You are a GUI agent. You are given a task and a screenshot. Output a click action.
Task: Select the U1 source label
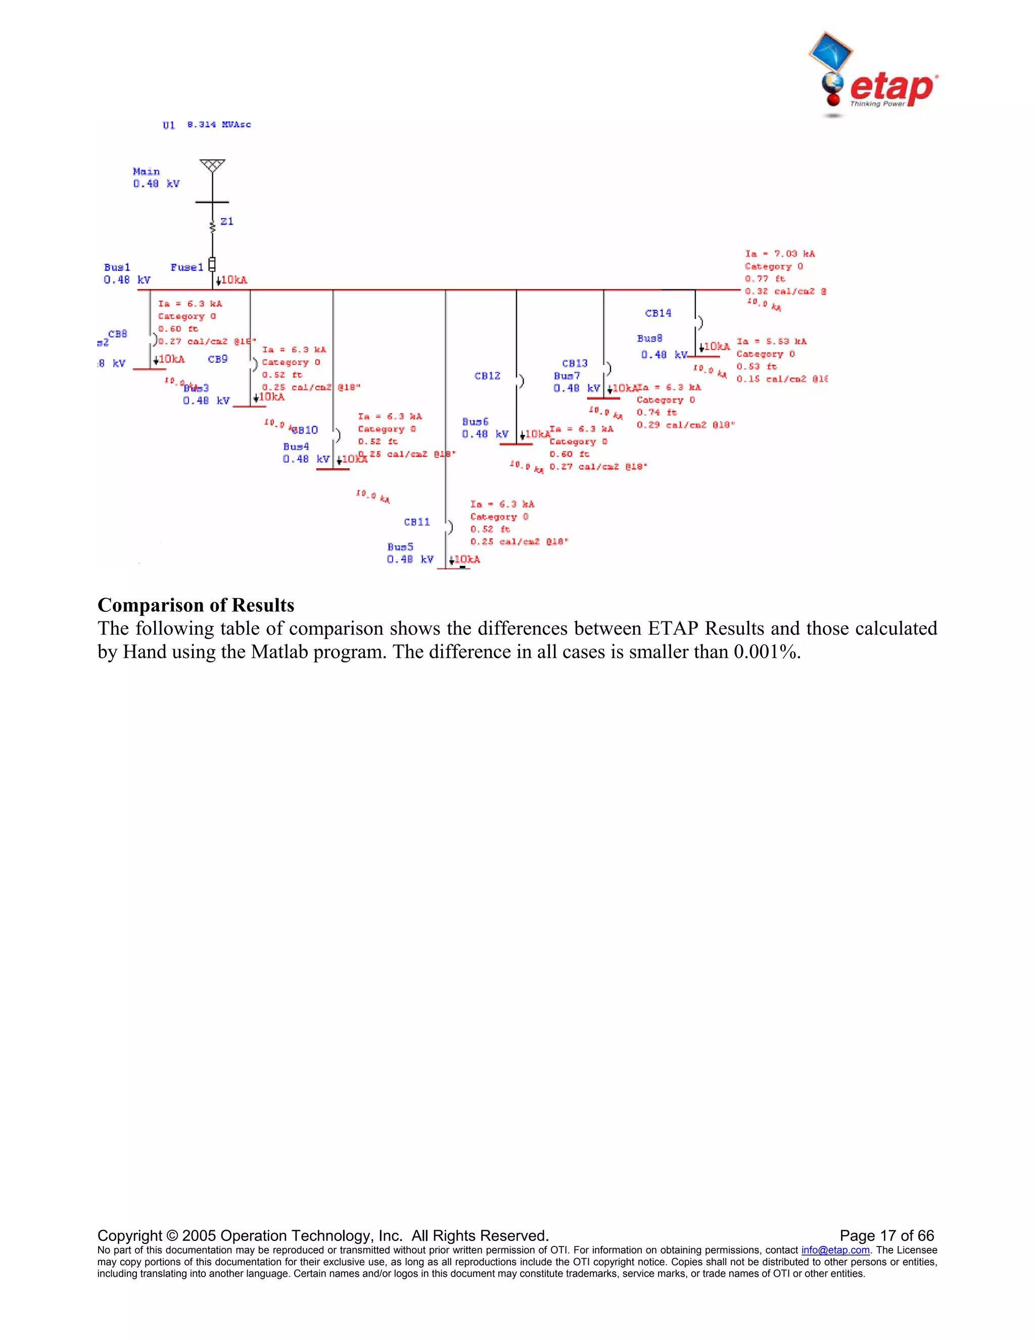(x=169, y=125)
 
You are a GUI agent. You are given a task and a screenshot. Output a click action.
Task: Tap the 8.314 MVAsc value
(x=219, y=124)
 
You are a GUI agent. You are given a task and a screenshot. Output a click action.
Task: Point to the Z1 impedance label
(x=227, y=221)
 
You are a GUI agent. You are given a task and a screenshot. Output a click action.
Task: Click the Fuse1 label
(x=186, y=267)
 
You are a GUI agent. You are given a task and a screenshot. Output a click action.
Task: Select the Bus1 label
(x=117, y=267)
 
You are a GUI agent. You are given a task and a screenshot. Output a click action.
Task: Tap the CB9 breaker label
(x=218, y=359)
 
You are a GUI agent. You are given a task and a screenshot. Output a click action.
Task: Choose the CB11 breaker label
(x=417, y=522)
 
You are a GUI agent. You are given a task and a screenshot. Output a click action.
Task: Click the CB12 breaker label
(x=488, y=376)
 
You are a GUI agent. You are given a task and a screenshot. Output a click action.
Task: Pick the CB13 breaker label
(x=575, y=363)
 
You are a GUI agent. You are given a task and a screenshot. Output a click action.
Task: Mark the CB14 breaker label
(x=658, y=313)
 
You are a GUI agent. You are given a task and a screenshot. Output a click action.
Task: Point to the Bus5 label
(x=400, y=547)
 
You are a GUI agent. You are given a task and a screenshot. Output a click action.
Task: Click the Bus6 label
(x=475, y=422)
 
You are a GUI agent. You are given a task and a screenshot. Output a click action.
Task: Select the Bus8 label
(x=649, y=338)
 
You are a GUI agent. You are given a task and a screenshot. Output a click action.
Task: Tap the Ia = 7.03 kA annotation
(x=780, y=253)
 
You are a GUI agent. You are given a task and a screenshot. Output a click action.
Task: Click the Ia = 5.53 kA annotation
(x=771, y=341)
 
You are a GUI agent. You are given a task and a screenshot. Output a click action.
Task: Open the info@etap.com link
(x=835, y=1250)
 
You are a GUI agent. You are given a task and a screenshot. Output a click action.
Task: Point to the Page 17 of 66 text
(x=886, y=1235)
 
